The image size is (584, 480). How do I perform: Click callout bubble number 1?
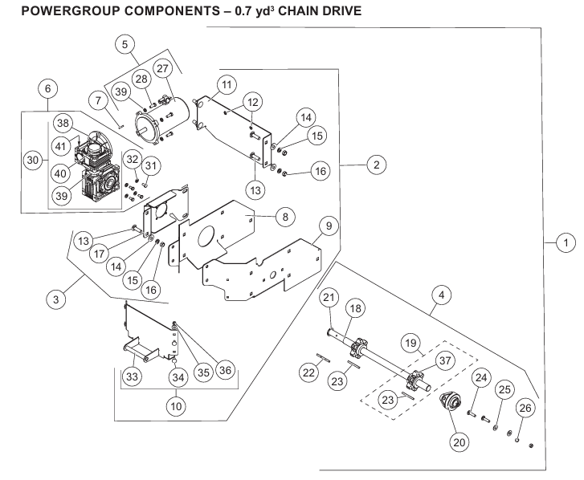point(566,241)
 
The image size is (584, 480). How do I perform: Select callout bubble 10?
point(174,405)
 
